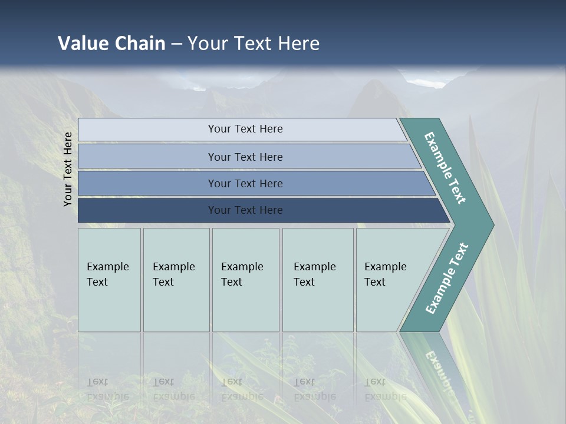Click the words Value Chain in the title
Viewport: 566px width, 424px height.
click(111, 44)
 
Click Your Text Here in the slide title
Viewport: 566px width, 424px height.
click(254, 44)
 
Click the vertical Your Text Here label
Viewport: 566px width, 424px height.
click(68, 169)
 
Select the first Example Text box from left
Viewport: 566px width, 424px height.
click(109, 280)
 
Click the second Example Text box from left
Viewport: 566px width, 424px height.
click(176, 280)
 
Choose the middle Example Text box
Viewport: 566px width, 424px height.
click(245, 280)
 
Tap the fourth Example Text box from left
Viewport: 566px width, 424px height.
click(318, 280)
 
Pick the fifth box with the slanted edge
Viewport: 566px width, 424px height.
click(389, 280)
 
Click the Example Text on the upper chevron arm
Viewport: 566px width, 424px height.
click(445, 168)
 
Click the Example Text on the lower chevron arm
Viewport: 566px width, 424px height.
click(447, 278)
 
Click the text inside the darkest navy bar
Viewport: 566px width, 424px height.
click(245, 210)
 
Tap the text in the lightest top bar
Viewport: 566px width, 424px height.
click(245, 129)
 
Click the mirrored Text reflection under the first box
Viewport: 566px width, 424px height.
click(97, 382)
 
